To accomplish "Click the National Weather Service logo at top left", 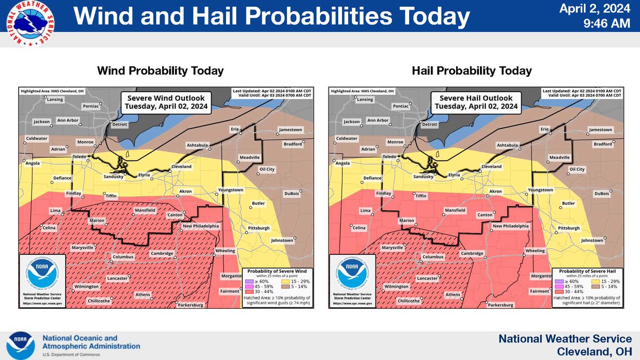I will coord(30,24).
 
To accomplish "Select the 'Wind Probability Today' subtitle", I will coord(160,71).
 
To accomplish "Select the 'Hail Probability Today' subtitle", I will coord(471,71).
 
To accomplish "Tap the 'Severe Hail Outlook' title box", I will coord(476,102).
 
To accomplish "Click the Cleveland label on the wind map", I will coord(181,167).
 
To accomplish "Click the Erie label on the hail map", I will coord(545,130).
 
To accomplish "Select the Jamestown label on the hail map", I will coord(600,130).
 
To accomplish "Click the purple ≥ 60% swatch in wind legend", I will coord(247,281).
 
